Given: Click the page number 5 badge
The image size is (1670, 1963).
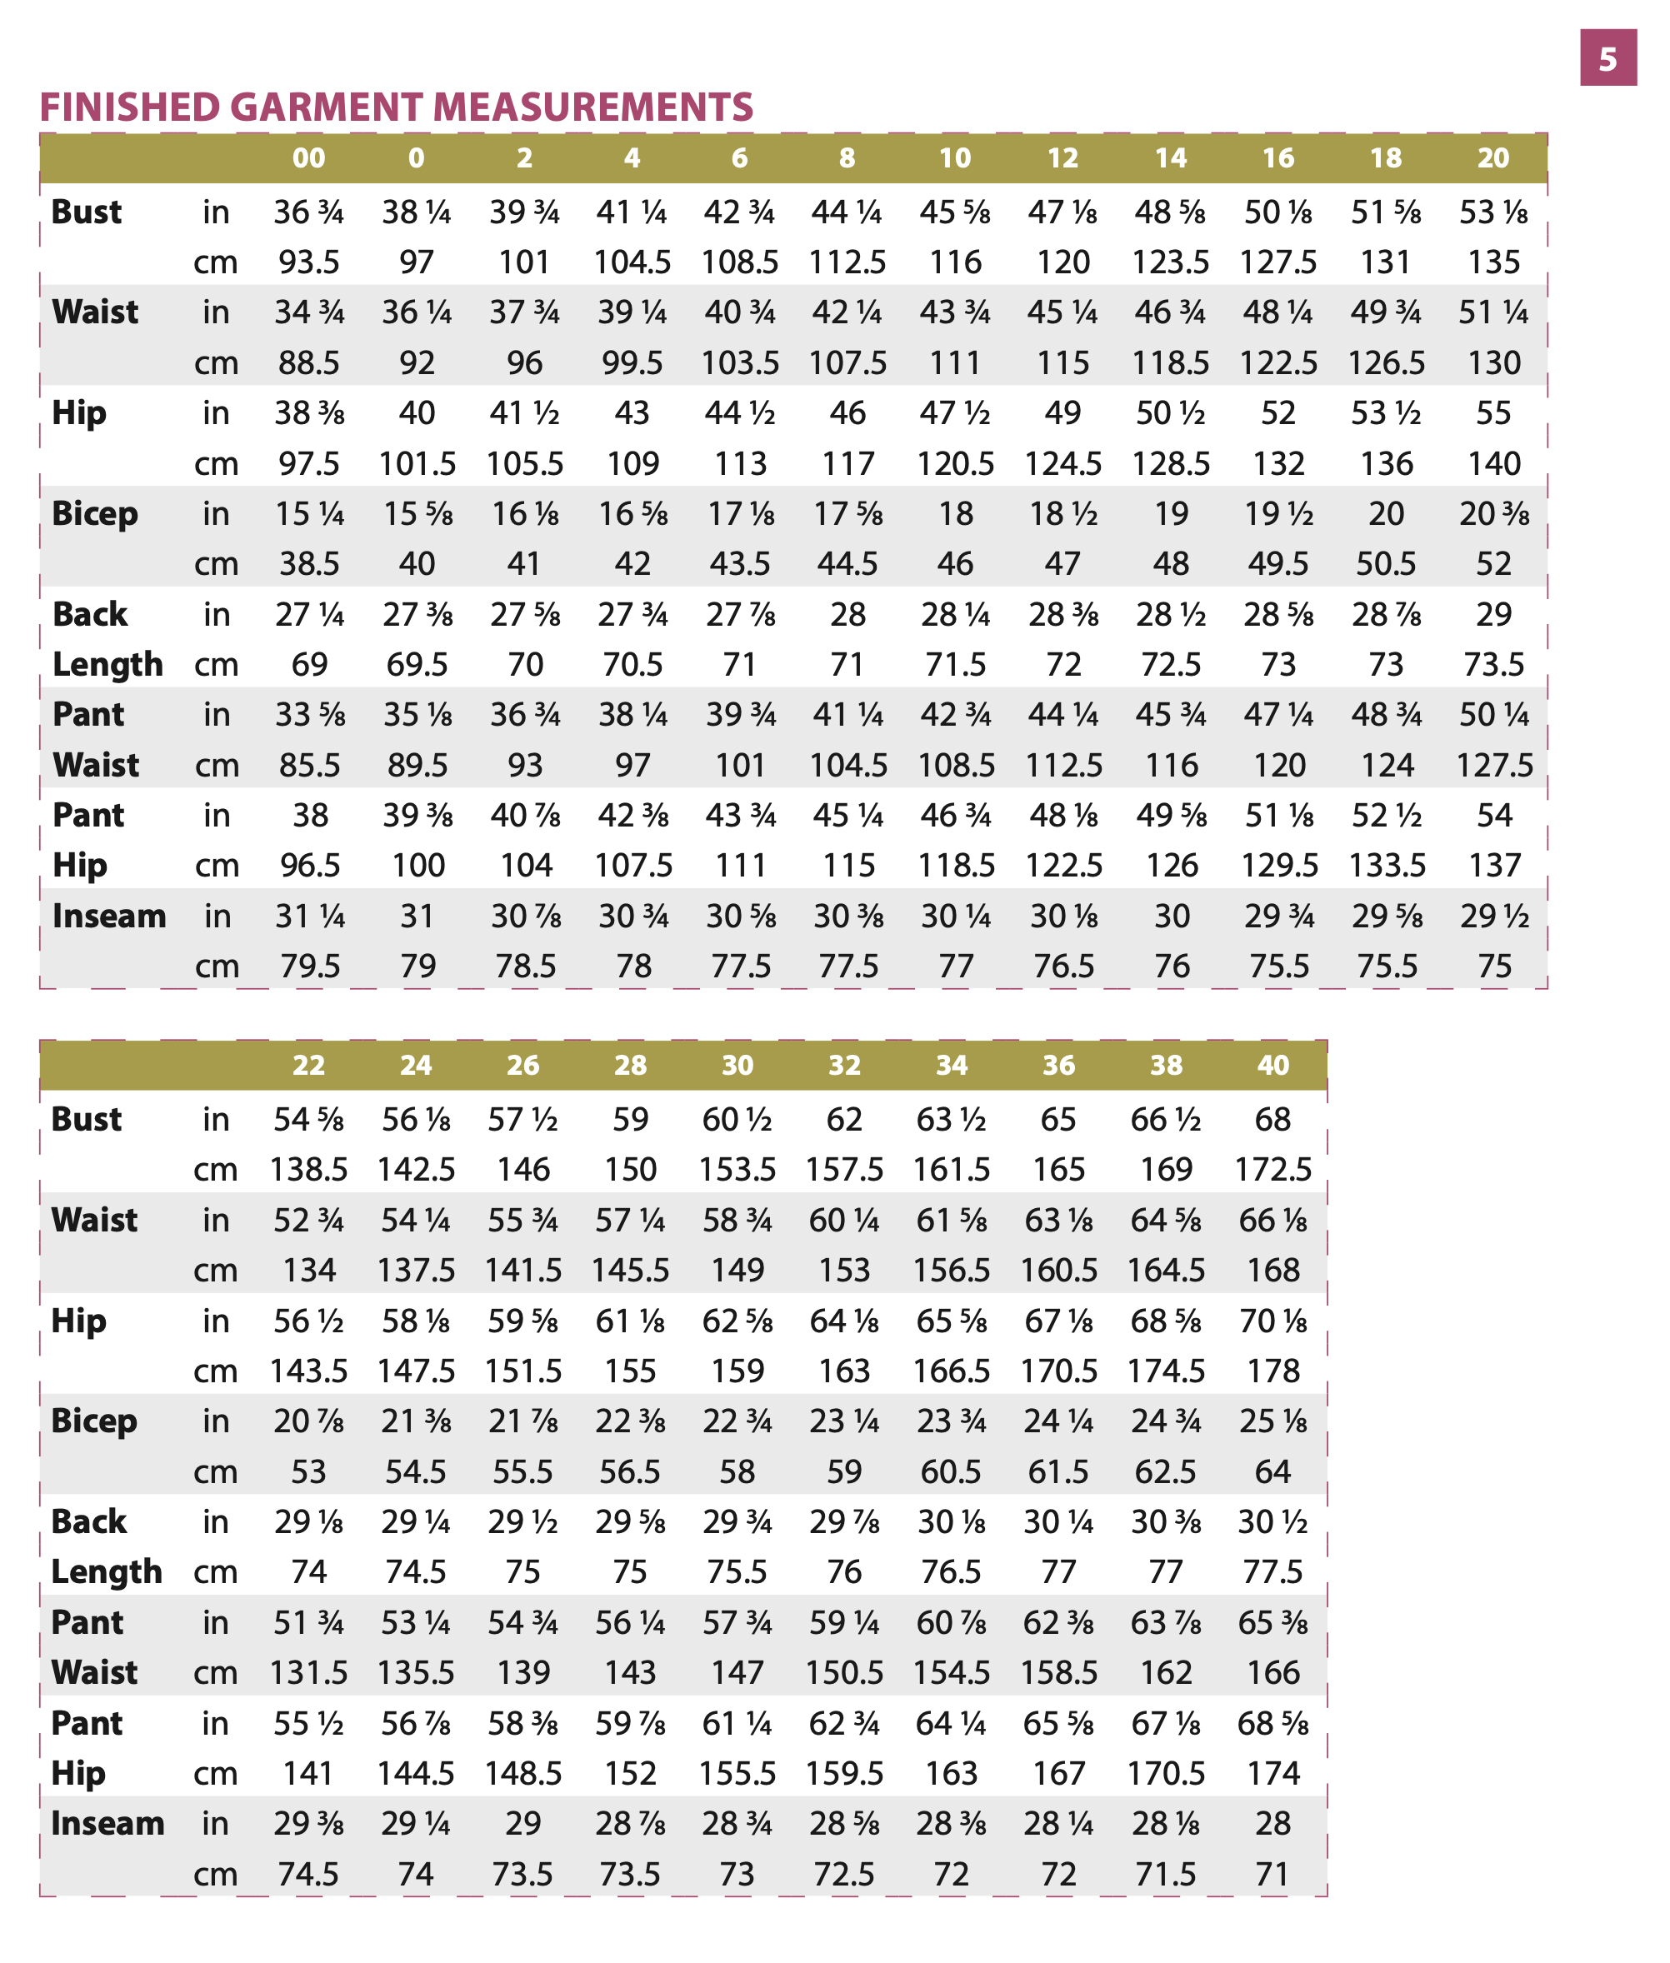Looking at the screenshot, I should (1607, 58).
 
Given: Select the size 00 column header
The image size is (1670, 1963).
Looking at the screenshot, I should (308, 158).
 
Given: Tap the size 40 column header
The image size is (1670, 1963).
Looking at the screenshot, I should (1272, 1065).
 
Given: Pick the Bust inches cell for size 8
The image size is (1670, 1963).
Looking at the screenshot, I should (847, 212).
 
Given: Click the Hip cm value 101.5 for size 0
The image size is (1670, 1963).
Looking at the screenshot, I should (417, 464).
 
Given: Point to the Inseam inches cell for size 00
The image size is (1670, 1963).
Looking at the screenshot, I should (309, 917).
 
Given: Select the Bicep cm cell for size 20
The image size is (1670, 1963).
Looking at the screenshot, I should (1493, 564).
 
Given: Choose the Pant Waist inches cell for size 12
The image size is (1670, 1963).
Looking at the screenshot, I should (1062, 715).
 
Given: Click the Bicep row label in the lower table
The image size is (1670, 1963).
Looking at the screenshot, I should (93, 1421).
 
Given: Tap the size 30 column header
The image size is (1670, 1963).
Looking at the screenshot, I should (737, 1065).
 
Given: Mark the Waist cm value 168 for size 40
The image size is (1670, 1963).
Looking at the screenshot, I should (1272, 1270).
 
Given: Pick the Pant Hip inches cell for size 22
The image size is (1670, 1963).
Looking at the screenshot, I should (308, 1724).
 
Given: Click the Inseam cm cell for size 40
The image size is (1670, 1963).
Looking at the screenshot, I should (1272, 1874).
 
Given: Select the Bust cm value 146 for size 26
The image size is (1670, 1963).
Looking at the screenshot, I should (523, 1170).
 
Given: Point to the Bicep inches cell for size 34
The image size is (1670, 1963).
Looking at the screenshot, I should (951, 1421).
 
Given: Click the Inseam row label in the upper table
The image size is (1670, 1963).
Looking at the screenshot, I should (109, 917).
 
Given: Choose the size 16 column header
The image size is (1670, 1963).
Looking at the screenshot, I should (1278, 158).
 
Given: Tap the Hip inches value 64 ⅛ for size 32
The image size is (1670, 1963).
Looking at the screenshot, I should (843, 1321).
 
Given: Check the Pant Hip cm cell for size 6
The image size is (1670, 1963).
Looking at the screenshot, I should (739, 865).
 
